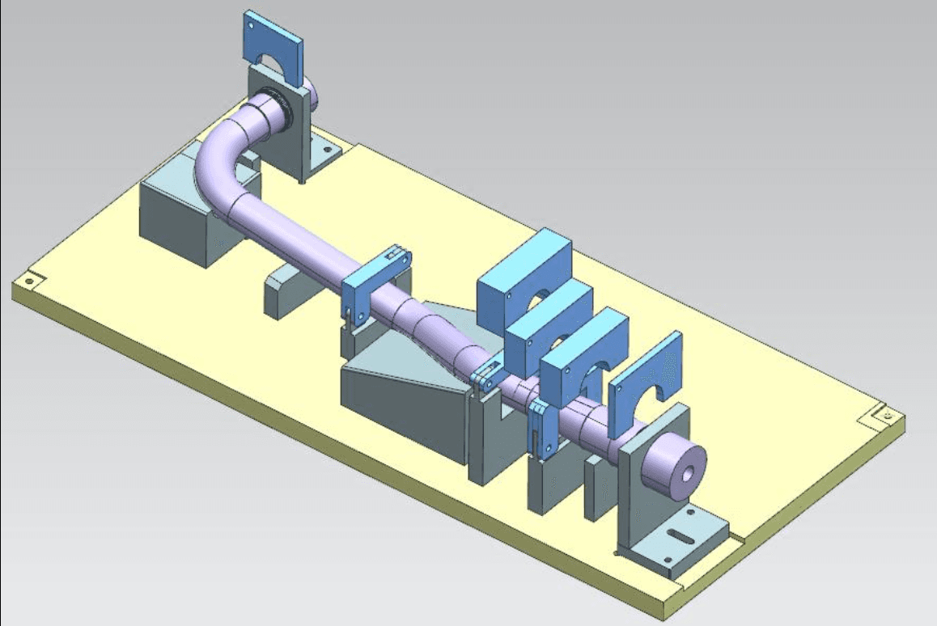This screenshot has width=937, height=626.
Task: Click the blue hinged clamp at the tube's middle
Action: [374, 280]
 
